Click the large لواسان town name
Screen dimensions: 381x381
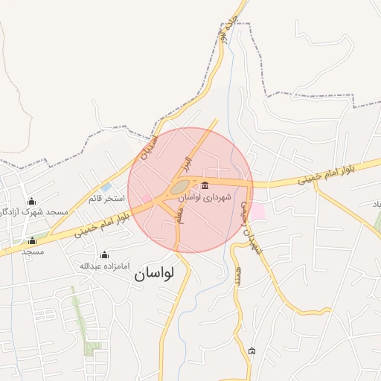(x=154, y=274)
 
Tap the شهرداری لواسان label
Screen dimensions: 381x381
(x=205, y=199)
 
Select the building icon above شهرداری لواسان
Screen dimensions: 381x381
(x=205, y=186)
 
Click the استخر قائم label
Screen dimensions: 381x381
(x=105, y=199)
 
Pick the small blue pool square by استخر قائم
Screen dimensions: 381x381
(x=106, y=187)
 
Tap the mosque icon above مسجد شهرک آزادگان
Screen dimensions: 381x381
(x=31, y=202)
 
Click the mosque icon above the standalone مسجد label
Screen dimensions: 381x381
(x=31, y=240)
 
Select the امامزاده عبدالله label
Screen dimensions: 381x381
(x=104, y=266)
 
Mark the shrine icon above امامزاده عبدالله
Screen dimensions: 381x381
(x=104, y=254)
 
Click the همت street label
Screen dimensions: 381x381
(x=238, y=276)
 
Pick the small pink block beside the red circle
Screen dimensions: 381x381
(x=257, y=211)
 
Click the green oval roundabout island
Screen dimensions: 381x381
(x=179, y=188)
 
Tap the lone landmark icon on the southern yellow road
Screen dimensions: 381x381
(x=252, y=350)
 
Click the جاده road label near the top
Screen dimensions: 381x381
(x=224, y=32)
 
